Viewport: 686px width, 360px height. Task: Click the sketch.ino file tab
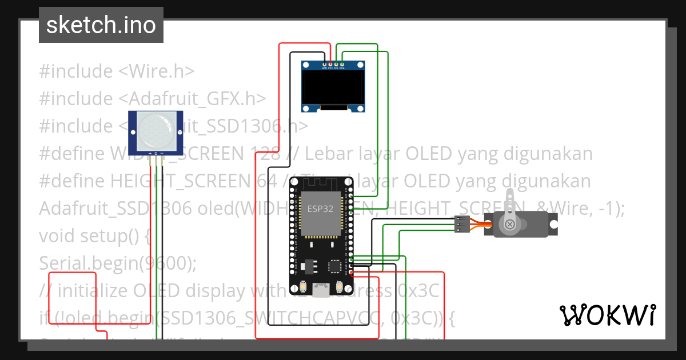[x=101, y=25]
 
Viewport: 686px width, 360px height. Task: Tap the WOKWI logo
[x=607, y=315]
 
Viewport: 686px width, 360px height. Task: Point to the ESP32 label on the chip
[x=321, y=209]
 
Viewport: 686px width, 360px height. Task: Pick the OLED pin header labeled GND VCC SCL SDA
[x=333, y=65]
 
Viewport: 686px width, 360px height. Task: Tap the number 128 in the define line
[x=265, y=154]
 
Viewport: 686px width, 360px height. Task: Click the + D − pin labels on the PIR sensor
[x=155, y=153]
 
